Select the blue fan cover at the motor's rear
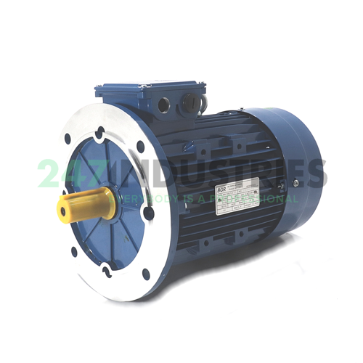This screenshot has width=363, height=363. pyautogui.click(x=294, y=163)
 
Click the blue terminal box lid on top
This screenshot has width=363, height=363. pyautogui.click(x=149, y=88)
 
